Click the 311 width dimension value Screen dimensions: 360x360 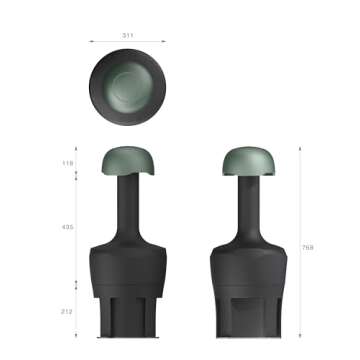tap(128, 35)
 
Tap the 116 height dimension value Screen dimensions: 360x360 tap(68, 161)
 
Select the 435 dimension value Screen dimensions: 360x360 tap(68, 227)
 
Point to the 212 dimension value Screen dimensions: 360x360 tap(68, 311)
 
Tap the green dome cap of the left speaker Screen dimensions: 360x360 tap(128, 160)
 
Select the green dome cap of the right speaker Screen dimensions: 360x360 tap(247, 160)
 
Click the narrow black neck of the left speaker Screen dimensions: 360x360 tap(128, 205)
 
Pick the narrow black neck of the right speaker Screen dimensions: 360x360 tap(247, 205)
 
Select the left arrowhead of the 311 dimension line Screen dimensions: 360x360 tap(91, 41)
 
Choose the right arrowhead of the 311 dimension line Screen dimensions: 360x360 tap(165, 41)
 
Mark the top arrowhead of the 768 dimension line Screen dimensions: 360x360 tap(300, 147)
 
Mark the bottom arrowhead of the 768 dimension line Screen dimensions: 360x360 tap(300, 337)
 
